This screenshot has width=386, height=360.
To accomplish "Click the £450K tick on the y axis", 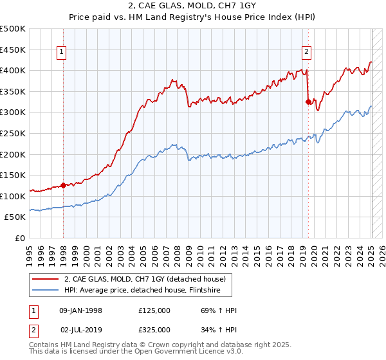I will coord(13,50).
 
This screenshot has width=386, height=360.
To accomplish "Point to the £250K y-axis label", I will coord(13,133).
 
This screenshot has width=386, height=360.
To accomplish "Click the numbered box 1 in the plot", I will coord(62,53).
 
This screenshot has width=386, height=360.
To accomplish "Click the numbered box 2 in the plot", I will coord(306,53).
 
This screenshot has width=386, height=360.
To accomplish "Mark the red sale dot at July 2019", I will coord(308,102).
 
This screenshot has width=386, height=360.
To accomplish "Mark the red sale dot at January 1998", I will coord(63,186).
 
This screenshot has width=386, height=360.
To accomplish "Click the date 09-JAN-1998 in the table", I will coord(80,310).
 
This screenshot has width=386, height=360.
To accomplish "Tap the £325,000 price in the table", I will coord(154,330).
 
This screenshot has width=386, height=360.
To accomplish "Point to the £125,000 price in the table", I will coord(154,310).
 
